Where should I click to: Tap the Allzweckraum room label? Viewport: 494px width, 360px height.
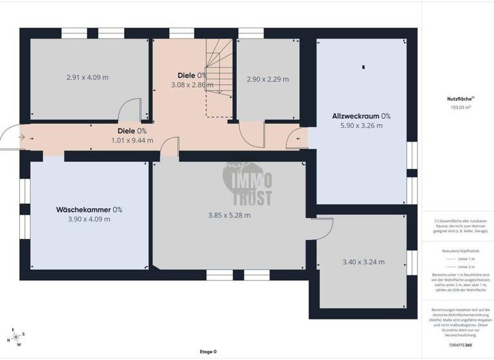[x=361, y=116]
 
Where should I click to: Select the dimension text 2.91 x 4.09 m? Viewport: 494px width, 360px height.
[x=87, y=77]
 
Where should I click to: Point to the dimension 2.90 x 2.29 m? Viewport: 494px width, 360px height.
[x=268, y=79]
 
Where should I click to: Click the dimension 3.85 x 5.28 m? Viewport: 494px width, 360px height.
[x=229, y=215]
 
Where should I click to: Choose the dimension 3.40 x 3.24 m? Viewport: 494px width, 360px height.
[x=363, y=262]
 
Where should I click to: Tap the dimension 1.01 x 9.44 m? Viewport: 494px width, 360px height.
[x=132, y=140]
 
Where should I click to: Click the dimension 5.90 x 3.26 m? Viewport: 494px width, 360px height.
[x=361, y=126]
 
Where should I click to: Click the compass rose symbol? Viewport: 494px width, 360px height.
[x=16, y=337]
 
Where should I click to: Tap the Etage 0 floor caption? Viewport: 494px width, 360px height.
[x=208, y=352]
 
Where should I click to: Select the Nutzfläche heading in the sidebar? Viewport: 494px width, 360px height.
[x=458, y=99]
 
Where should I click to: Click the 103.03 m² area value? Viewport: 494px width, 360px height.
[x=458, y=107]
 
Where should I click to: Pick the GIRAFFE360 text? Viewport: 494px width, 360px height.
[x=458, y=345]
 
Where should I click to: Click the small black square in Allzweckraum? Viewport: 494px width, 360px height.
[x=363, y=67]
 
